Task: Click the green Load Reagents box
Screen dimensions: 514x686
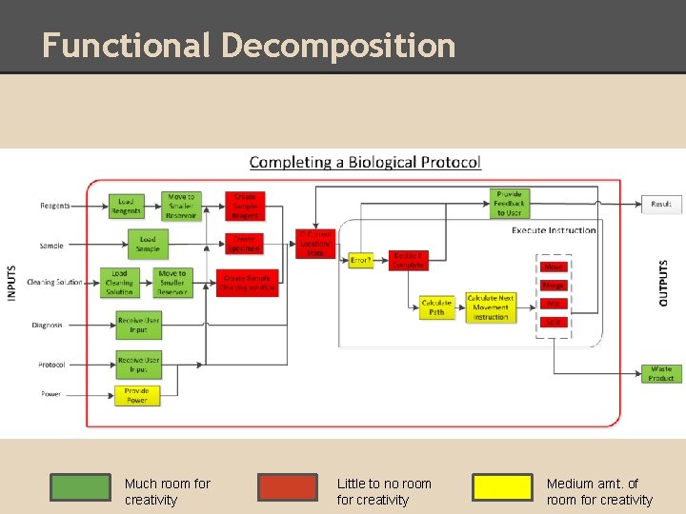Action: point(126,206)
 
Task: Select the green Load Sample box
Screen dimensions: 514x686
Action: point(148,245)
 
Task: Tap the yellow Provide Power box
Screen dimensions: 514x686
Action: point(137,395)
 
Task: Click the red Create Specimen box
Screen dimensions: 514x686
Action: point(245,245)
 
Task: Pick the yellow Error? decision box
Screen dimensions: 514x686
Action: point(360,260)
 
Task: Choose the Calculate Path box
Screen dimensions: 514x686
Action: point(436,307)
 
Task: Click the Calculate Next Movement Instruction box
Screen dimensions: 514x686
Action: point(491,307)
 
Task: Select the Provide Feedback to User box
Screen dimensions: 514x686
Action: point(510,203)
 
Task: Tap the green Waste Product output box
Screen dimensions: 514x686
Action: point(661,373)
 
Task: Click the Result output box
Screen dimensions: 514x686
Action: point(661,204)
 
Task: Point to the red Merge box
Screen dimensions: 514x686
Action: point(554,286)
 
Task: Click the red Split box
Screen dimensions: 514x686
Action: point(554,323)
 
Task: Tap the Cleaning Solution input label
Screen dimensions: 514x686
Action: point(55,283)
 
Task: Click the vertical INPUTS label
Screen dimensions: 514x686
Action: point(12,283)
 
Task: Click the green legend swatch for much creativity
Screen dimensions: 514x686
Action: point(80,487)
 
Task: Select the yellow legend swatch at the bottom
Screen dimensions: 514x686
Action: point(502,487)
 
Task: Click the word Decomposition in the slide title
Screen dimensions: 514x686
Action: point(338,45)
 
